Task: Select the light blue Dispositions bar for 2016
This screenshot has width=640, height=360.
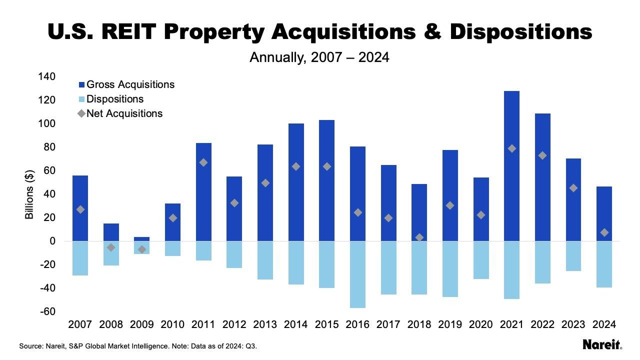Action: pyautogui.click(x=357, y=274)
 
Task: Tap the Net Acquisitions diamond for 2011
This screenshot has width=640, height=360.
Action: pyautogui.click(x=203, y=162)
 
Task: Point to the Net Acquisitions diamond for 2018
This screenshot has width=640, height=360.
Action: pyautogui.click(x=419, y=237)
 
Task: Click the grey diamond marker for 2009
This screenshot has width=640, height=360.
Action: pyautogui.click(x=142, y=249)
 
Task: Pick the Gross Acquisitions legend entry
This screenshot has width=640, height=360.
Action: pyautogui.click(x=130, y=84)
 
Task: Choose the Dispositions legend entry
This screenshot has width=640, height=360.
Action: pyautogui.click(x=114, y=99)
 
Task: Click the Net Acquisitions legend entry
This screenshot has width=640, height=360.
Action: pyautogui.click(x=124, y=113)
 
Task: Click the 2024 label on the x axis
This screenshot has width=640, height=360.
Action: pyautogui.click(x=604, y=325)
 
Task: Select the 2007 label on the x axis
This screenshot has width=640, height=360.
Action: pyautogui.click(x=80, y=325)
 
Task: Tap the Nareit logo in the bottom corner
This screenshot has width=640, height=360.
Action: pyautogui.click(x=602, y=344)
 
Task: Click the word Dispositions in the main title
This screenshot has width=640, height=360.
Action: pyautogui.click(x=520, y=32)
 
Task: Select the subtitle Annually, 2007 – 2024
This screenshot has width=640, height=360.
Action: pyautogui.click(x=319, y=57)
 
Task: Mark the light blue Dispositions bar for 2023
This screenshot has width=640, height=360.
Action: pyautogui.click(x=573, y=256)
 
